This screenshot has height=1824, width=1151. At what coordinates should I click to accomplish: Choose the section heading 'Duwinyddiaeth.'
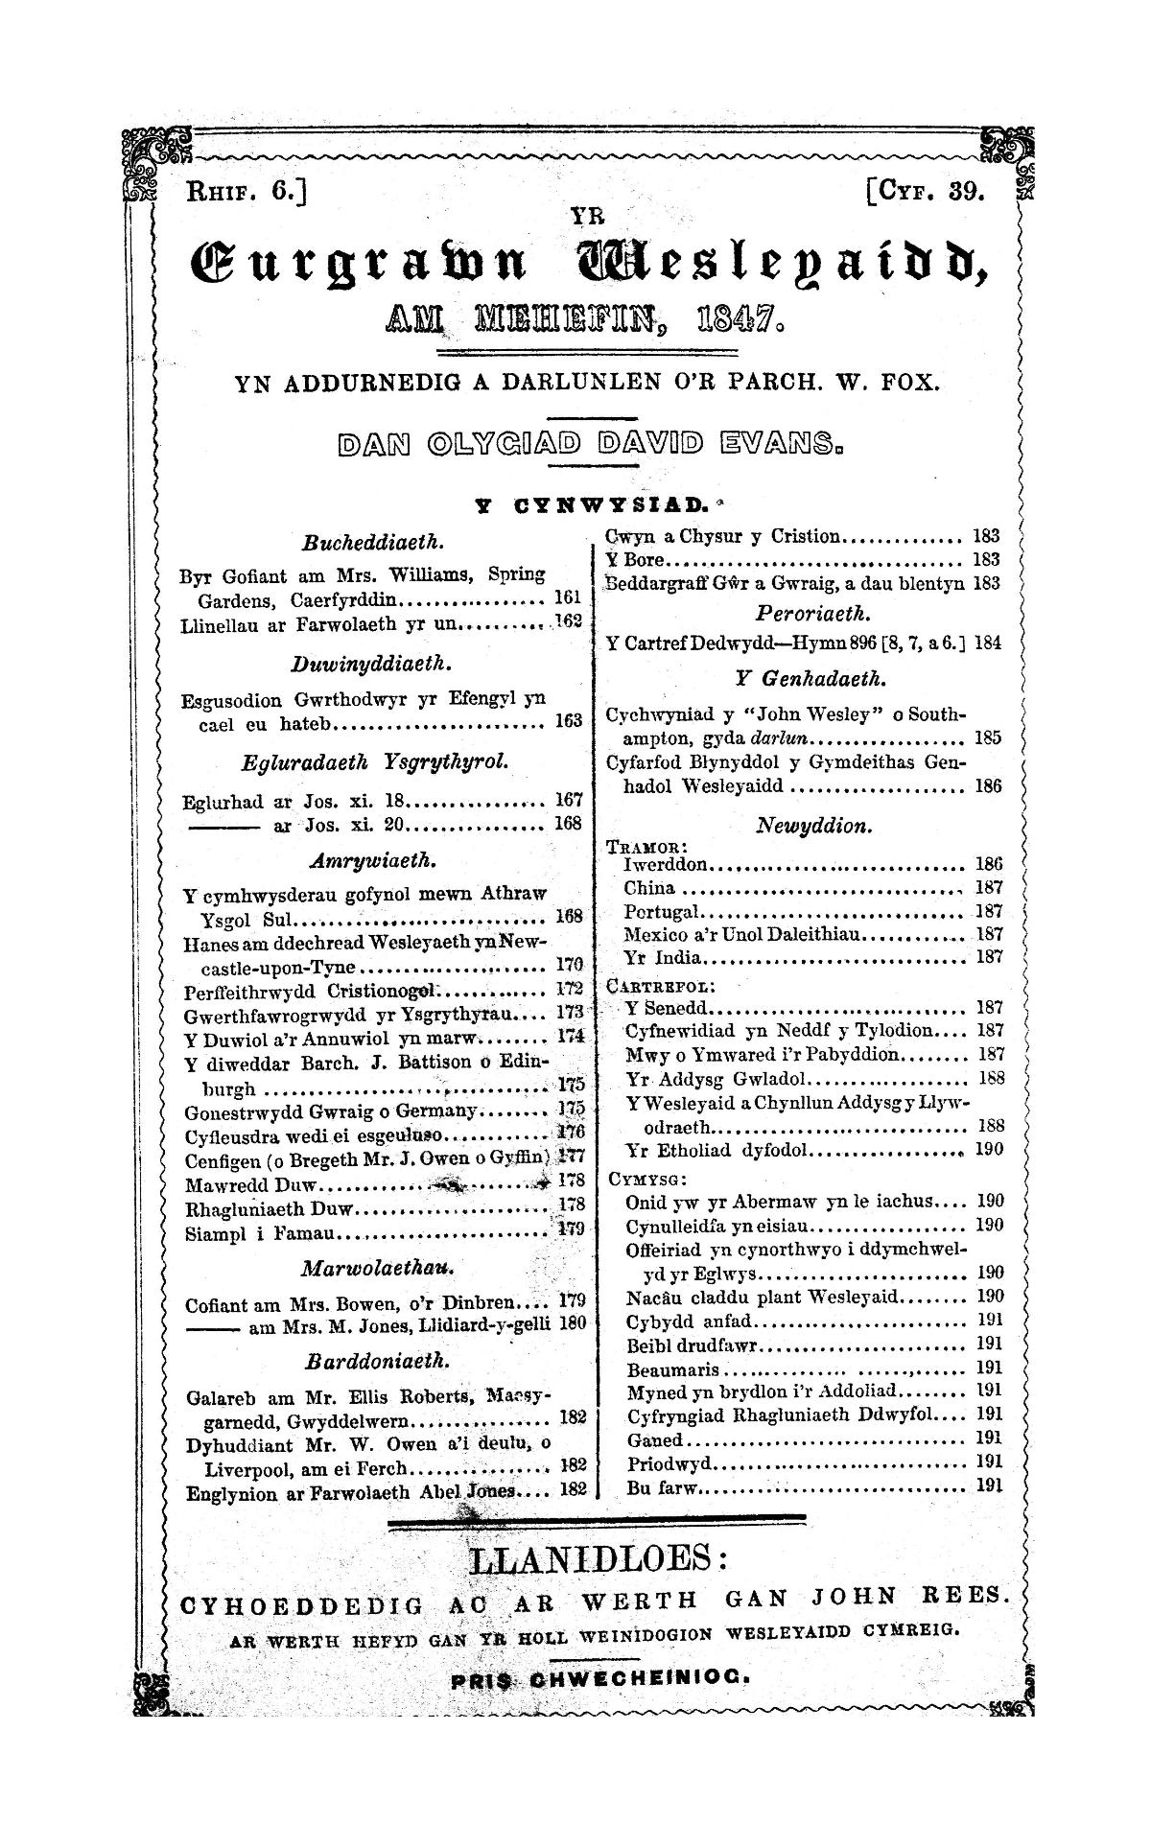(x=371, y=663)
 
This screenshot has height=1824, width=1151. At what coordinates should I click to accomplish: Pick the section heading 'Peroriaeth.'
(x=801, y=612)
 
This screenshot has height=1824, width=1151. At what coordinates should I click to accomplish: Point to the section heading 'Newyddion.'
(x=814, y=825)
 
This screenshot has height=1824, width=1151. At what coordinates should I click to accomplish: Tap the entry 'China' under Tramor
(x=649, y=888)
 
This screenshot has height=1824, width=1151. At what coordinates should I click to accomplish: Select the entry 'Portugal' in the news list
(x=662, y=911)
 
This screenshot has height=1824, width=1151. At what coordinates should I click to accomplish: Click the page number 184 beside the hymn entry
(x=987, y=643)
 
